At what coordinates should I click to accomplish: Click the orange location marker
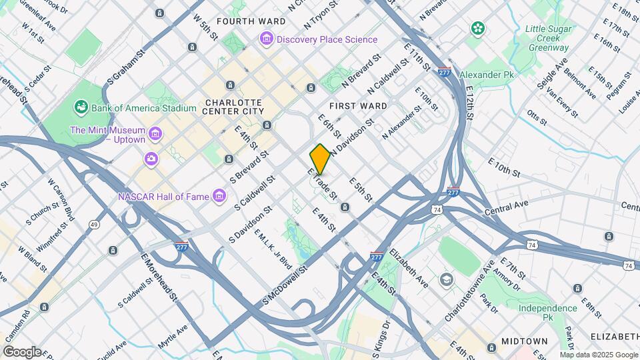click(320, 159)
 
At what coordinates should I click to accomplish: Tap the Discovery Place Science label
click(326, 40)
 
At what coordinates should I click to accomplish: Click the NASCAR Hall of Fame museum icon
click(218, 196)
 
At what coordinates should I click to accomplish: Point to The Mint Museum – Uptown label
click(107, 136)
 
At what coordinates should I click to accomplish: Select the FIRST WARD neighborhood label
click(358, 106)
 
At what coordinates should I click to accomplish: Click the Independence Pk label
click(548, 313)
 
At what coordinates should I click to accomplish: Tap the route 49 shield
click(96, 225)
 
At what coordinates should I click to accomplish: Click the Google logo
click(22, 351)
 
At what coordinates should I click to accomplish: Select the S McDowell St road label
click(287, 287)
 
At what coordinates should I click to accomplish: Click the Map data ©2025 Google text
click(599, 355)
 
